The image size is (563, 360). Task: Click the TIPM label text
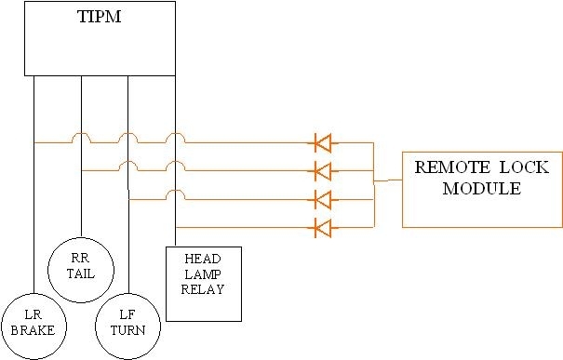click(x=100, y=18)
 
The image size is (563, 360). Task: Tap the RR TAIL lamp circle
click(x=81, y=265)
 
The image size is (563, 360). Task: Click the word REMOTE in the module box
click(x=447, y=169)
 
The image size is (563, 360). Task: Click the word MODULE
click(x=480, y=189)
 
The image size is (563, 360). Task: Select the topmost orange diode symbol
click(x=322, y=143)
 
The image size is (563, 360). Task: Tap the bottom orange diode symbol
click(x=322, y=227)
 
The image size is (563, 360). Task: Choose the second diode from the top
click(x=322, y=171)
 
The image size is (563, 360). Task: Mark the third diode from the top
click(x=322, y=199)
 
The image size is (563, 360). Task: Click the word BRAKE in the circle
click(x=34, y=330)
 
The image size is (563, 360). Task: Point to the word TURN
click(x=127, y=330)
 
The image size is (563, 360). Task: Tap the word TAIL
click(x=81, y=273)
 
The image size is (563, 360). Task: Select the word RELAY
click(x=203, y=289)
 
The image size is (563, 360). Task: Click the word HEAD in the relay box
click(x=203, y=258)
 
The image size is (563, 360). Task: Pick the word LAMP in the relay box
click(x=203, y=273)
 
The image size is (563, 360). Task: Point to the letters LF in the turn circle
click(x=127, y=315)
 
